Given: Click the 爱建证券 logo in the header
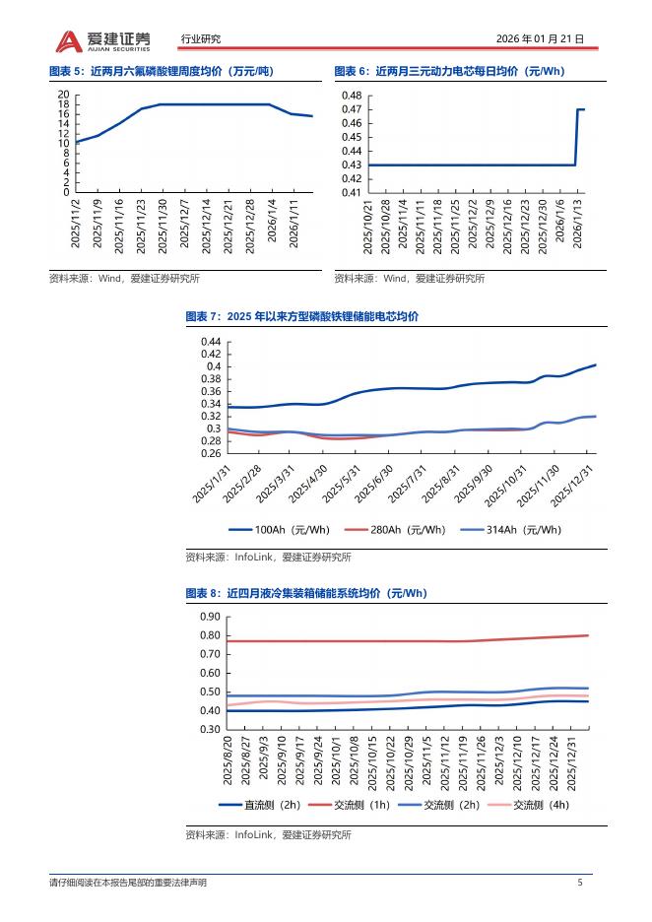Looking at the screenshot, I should coord(103,39).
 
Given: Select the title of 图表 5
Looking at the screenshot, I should coord(161,71).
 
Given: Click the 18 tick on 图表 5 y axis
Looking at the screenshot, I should coord(63,104).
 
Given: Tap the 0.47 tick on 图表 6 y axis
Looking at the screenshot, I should coord(352,109).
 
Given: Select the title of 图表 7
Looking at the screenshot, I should coord(301,316).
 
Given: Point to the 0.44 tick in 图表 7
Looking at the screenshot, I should coord(210,341).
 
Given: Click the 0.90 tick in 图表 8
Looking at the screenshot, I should coord(210,617).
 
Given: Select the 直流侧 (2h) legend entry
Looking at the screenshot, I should coord(260,805).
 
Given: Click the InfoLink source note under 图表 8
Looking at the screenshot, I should coord(267,835).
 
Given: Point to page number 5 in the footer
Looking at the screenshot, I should coord(580,883).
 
